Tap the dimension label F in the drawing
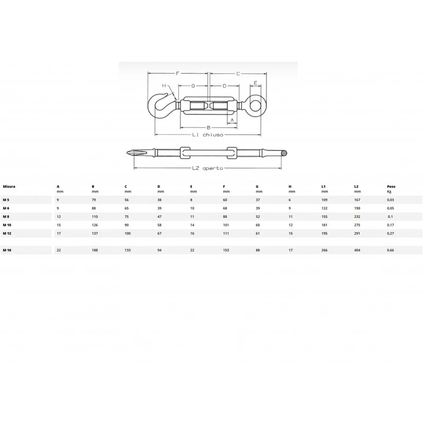[178, 73]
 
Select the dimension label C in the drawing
[238, 73]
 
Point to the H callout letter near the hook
[164, 86]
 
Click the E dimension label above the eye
[255, 83]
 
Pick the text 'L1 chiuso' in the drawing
[208, 135]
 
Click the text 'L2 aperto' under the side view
[208, 168]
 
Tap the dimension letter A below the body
[232, 121]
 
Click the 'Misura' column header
[9, 187]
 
